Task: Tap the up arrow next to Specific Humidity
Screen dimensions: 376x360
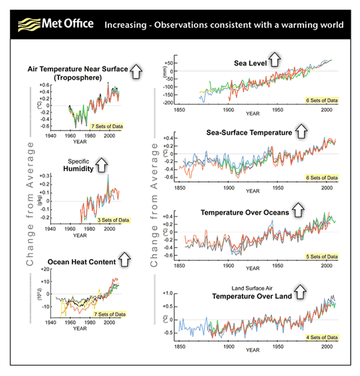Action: pos(102,164)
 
